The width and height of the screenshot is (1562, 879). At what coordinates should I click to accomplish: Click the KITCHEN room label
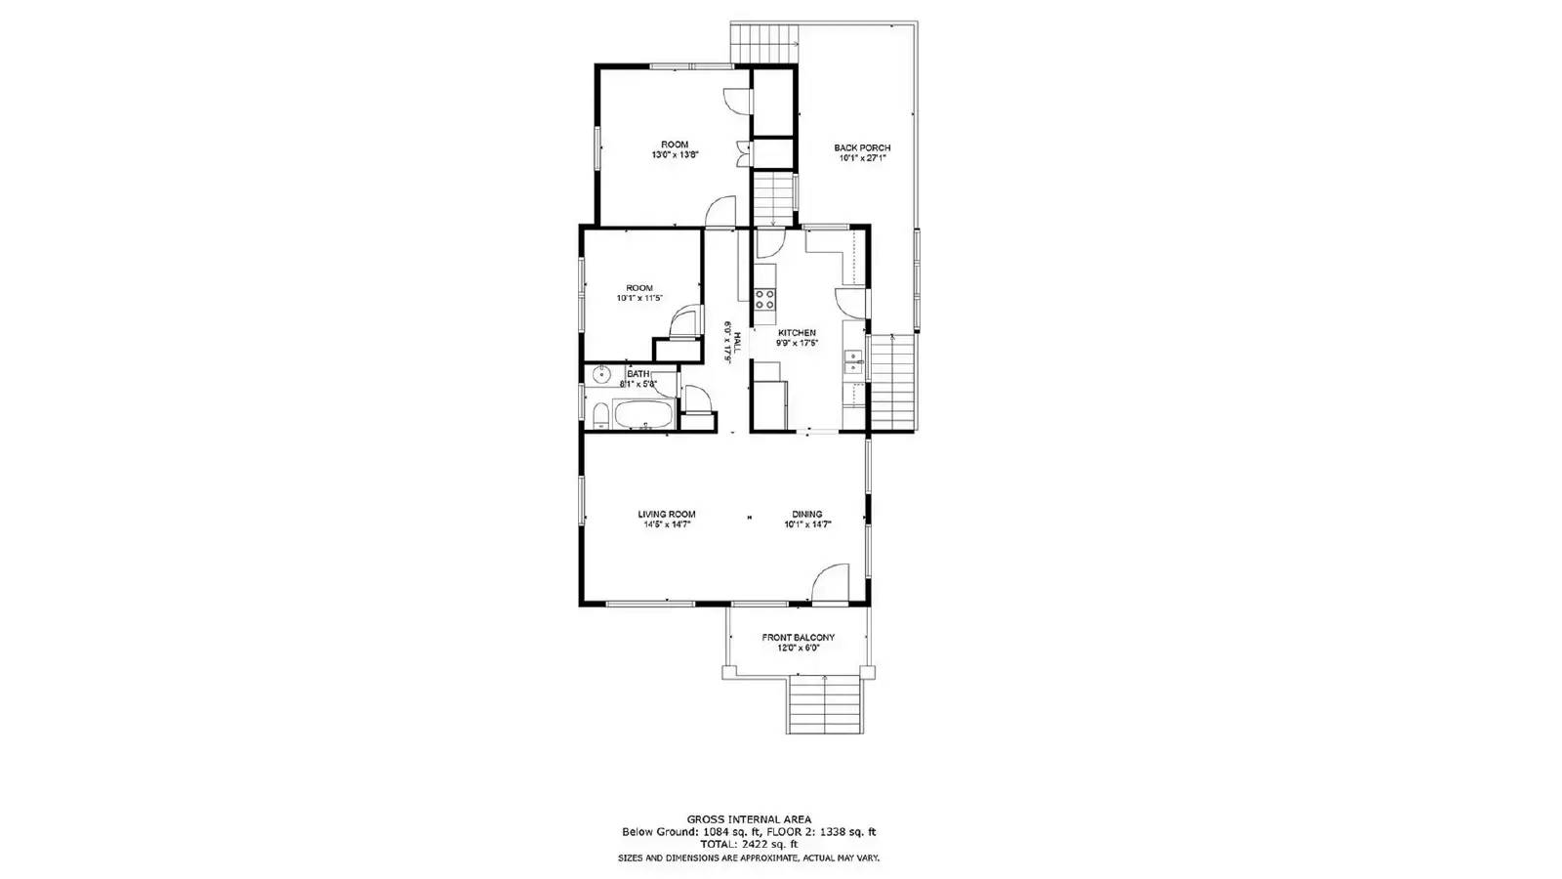tap(797, 333)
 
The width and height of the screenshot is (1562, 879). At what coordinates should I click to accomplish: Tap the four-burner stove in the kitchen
tap(764, 299)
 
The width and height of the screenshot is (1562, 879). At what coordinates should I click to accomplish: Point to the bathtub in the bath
tap(644, 415)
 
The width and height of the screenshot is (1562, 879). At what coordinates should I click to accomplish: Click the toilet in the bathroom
tap(600, 417)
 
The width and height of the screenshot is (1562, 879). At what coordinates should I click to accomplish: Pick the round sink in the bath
tap(601, 373)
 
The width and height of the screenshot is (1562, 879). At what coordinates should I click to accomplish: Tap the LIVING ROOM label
tap(667, 514)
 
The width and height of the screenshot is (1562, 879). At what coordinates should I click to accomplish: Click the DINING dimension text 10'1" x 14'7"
tap(807, 524)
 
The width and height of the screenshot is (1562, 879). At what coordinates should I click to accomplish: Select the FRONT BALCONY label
tap(799, 637)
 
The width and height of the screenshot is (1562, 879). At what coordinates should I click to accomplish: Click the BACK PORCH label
tap(862, 148)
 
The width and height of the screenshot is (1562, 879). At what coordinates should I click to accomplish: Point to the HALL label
tap(738, 343)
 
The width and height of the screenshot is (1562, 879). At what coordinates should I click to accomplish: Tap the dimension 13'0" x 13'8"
tap(675, 155)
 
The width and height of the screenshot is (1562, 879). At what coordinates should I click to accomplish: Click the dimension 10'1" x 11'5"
tap(639, 298)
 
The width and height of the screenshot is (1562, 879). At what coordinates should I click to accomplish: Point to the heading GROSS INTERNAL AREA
tap(749, 819)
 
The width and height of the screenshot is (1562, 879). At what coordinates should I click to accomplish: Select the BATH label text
tap(638, 373)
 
